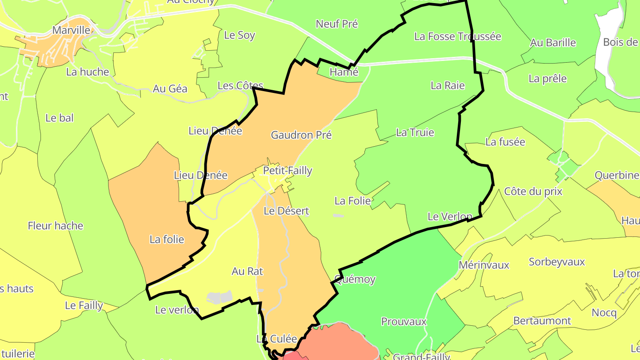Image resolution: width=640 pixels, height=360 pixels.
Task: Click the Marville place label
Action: click(71, 30)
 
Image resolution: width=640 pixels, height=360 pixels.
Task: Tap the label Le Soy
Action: click(240, 35)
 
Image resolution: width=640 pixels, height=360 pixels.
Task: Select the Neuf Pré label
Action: click(336, 24)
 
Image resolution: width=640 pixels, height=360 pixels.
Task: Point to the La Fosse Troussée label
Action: click(457, 36)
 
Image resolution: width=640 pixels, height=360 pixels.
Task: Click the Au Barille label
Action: click(553, 43)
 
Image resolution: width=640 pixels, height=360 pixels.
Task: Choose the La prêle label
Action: click(548, 79)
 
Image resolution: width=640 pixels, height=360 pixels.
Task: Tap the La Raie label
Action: click(448, 85)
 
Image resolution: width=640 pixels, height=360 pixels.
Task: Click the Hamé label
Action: click(344, 72)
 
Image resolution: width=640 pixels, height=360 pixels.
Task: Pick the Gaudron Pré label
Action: click(301, 135)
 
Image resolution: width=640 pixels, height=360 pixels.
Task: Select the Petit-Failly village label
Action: click(288, 171)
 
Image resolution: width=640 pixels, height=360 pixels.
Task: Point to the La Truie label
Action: click(415, 132)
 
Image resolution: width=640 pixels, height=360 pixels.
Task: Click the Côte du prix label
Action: click(533, 192)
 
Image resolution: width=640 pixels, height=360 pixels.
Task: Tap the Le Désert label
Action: click(286, 211)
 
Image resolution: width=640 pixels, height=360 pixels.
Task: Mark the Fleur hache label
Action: click(56, 226)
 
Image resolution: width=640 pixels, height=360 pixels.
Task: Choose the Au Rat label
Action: click(248, 271)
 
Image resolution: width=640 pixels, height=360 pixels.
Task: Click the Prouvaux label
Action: click(404, 321)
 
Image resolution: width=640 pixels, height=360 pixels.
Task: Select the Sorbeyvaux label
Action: click(557, 262)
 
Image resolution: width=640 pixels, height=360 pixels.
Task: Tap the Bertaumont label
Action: click(542, 320)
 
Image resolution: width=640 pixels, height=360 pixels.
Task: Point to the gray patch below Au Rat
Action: click(220, 297)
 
